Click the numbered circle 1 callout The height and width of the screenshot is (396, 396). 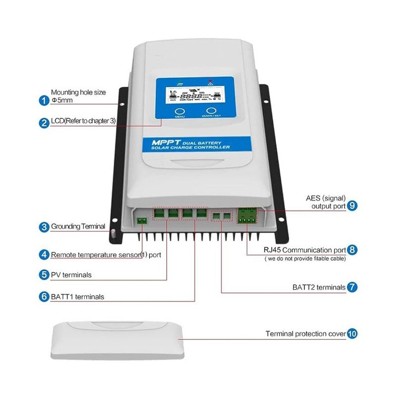(x=44, y=100)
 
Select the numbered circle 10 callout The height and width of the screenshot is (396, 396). (x=352, y=334)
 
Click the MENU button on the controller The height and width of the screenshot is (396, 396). (x=180, y=112)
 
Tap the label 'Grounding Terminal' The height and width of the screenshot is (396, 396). (x=78, y=226)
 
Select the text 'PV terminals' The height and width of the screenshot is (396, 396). (x=71, y=275)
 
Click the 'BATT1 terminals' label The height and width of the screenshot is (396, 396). (x=77, y=297)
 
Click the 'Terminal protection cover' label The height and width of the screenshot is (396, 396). (x=305, y=334)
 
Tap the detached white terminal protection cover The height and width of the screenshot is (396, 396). (x=118, y=341)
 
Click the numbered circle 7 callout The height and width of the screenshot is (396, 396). (x=352, y=287)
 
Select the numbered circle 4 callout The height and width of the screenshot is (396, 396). (x=44, y=255)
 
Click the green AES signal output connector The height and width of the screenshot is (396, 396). (x=247, y=215)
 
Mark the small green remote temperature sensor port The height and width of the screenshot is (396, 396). (x=142, y=220)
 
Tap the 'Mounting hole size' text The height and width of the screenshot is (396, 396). (x=79, y=92)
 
